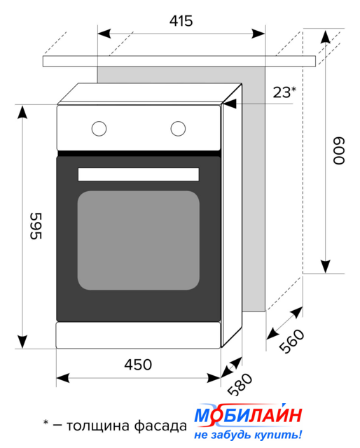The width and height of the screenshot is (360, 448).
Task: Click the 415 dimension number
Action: (181, 21)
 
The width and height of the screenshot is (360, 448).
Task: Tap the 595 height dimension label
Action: (36, 225)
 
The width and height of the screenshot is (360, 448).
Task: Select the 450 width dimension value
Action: (138, 365)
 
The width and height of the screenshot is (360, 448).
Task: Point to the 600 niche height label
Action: (339, 150)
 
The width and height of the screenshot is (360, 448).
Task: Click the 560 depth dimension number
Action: (291, 341)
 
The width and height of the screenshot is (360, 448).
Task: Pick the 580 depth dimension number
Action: (240, 384)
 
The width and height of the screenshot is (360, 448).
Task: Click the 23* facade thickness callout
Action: (284, 92)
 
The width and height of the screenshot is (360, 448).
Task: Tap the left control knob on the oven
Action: (99, 129)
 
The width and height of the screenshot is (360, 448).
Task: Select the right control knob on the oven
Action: (178, 129)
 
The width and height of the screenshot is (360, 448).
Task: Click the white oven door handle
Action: (139, 174)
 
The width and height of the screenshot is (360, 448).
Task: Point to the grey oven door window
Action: (139, 240)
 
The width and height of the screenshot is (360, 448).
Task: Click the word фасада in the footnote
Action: (160, 426)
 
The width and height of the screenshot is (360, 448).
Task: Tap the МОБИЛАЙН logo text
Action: (248, 414)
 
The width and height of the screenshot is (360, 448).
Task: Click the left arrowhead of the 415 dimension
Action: (104, 34)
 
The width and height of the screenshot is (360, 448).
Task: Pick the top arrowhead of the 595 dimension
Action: (22, 112)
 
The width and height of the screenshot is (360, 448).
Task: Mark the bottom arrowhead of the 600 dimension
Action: (326, 267)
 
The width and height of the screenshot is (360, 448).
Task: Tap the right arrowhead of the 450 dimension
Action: (214, 378)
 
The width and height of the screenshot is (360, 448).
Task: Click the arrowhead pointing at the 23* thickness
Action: (230, 104)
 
